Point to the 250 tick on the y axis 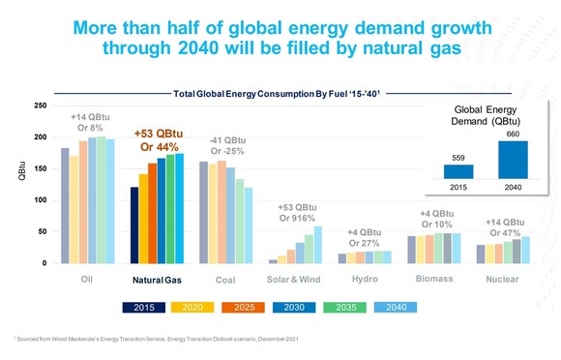click(x=40, y=105)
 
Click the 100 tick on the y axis click(x=40, y=200)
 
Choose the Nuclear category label click(x=501, y=280)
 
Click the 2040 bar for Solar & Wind click(x=318, y=245)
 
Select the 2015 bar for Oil click(x=65, y=205)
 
